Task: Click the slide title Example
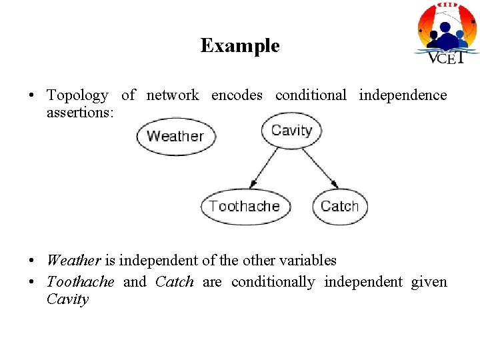click(x=240, y=45)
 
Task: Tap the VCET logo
click(x=447, y=33)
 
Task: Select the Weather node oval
click(x=175, y=136)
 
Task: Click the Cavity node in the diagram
click(x=291, y=130)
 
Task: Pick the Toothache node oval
click(x=245, y=206)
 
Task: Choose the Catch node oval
click(x=339, y=206)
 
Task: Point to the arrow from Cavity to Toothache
click(x=264, y=167)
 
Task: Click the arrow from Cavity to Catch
click(x=320, y=167)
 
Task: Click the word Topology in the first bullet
click(x=77, y=95)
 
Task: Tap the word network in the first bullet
click(x=172, y=95)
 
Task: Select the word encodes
click(x=237, y=95)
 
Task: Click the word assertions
click(x=80, y=113)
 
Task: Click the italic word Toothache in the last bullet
click(x=80, y=282)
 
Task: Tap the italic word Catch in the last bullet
click(x=174, y=282)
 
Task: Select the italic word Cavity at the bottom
click(x=67, y=299)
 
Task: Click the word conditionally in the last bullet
click(x=273, y=282)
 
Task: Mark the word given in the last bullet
click(x=429, y=282)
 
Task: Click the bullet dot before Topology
click(x=32, y=96)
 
